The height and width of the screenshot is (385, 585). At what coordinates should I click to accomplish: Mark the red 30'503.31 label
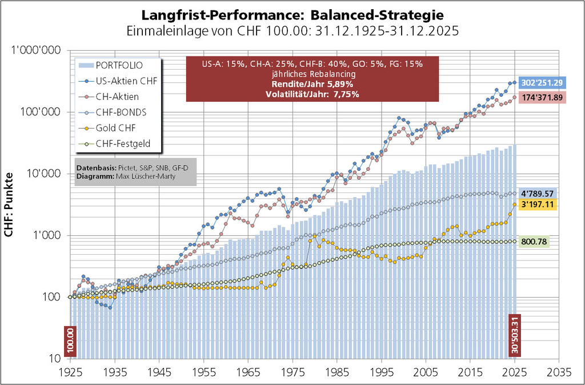(x=515, y=336)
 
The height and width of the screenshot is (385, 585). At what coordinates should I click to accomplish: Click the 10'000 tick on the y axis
(x=46, y=174)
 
